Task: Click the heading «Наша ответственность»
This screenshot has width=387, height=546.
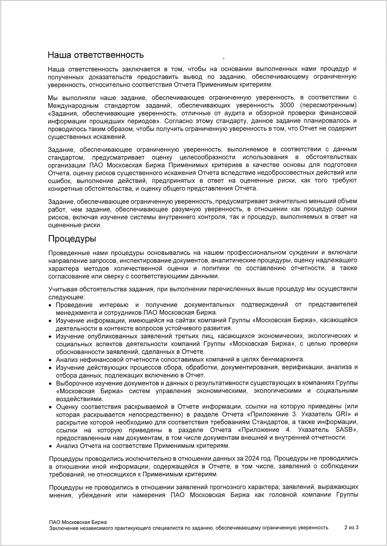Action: click(x=96, y=55)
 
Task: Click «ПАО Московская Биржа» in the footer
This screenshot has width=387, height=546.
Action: click(x=78, y=522)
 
